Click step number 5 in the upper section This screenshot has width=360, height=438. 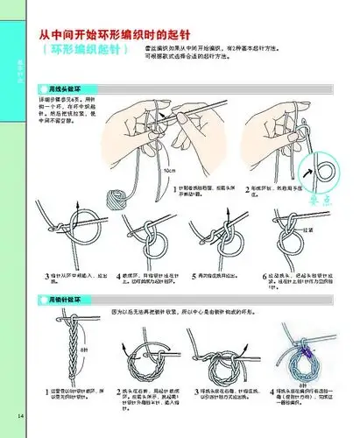point(194,275)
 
